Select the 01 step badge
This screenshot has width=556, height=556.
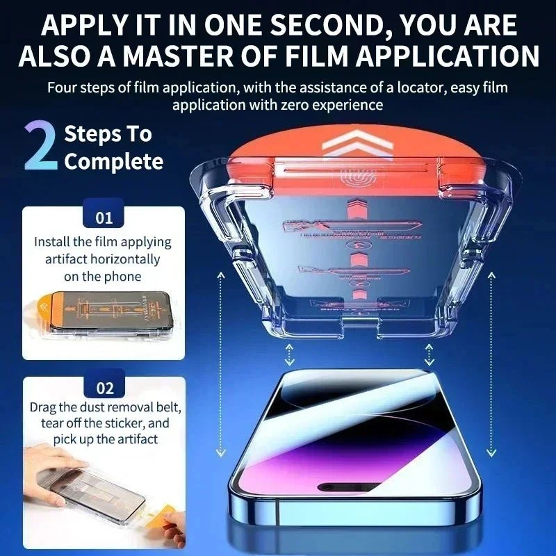(104, 218)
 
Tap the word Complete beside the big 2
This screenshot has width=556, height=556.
(114, 161)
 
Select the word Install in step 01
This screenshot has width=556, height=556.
(52, 243)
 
